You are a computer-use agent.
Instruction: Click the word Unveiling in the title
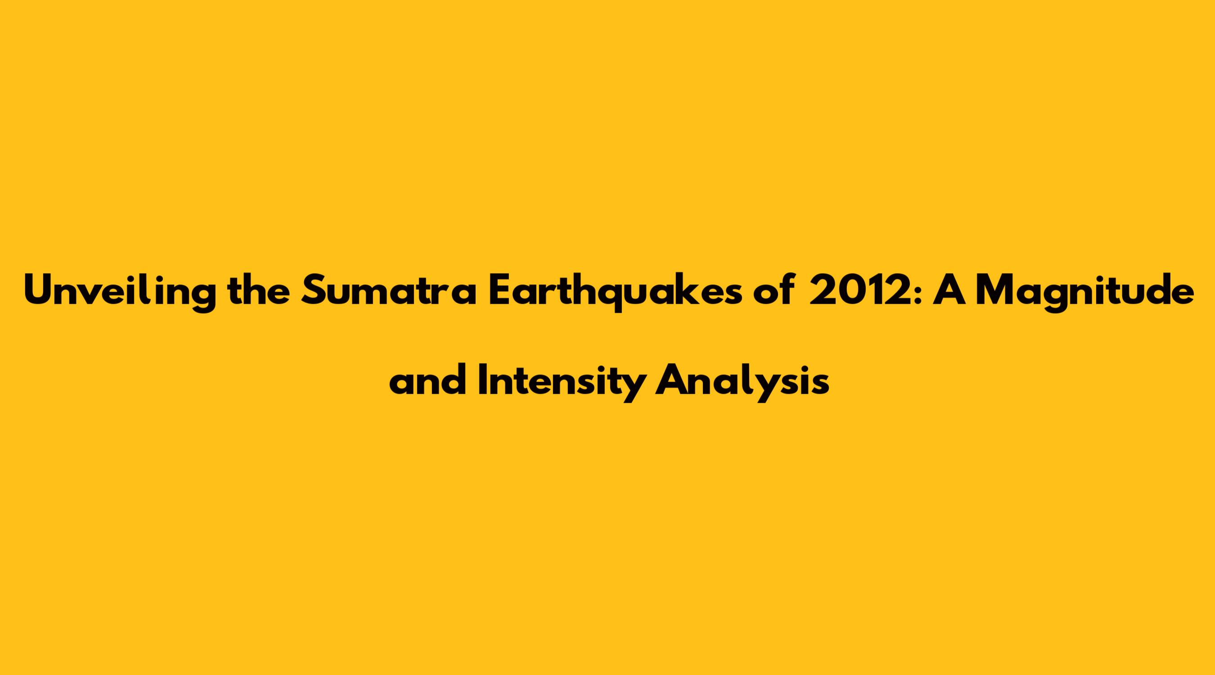[121, 293]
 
